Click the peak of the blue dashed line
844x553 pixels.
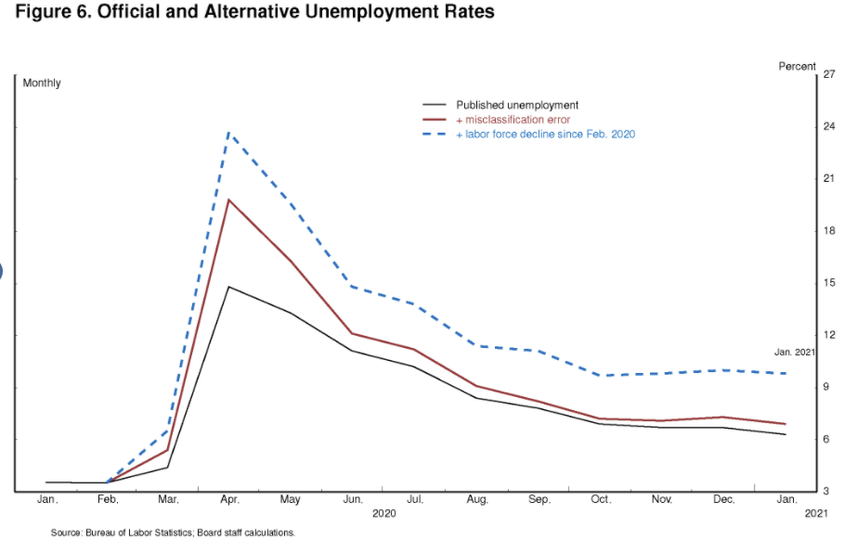click(x=229, y=133)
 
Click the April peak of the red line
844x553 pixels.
click(x=229, y=199)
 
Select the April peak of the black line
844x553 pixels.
click(x=229, y=287)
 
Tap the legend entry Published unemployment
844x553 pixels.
click(x=516, y=105)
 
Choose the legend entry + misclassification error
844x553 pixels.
click(x=513, y=120)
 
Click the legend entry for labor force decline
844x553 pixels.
click(x=545, y=135)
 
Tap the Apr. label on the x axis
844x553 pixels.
click(x=230, y=499)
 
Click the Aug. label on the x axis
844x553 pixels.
click(x=477, y=499)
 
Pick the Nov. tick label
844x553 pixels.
click(x=662, y=499)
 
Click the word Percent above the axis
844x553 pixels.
click(x=797, y=66)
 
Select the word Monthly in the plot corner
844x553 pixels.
click(x=42, y=84)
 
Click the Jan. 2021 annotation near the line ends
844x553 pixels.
click(x=794, y=353)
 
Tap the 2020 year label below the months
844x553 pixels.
click(x=383, y=513)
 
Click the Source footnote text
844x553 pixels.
click(x=173, y=533)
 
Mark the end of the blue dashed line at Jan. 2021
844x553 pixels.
click(x=786, y=373)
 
